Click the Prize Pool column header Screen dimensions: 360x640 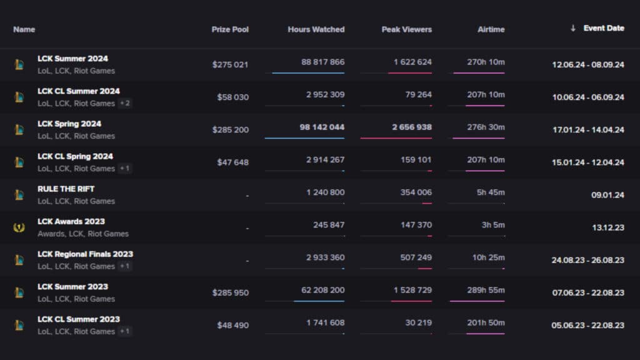(230, 29)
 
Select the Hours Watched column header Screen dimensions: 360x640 (316, 29)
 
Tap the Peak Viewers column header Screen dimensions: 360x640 (406, 29)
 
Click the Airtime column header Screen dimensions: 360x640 (491, 29)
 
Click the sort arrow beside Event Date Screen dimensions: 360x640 (573, 28)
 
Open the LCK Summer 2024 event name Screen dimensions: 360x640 (72, 59)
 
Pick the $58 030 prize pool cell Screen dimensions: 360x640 (232, 97)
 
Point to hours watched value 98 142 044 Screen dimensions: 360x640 (322, 127)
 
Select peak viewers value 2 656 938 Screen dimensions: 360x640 (412, 127)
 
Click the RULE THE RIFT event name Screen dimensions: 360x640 (66, 189)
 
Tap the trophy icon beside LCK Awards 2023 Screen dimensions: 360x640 (19, 227)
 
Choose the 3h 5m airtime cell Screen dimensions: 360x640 (491, 225)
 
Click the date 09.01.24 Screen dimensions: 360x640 (607, 195)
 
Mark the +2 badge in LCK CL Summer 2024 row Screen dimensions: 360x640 (125, 103)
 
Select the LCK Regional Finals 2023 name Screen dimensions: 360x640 (85, 254)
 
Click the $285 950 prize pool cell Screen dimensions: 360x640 (230, 292)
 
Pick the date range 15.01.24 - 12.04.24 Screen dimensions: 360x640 (587, 162)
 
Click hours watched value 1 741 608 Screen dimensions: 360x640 (325, 322)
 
